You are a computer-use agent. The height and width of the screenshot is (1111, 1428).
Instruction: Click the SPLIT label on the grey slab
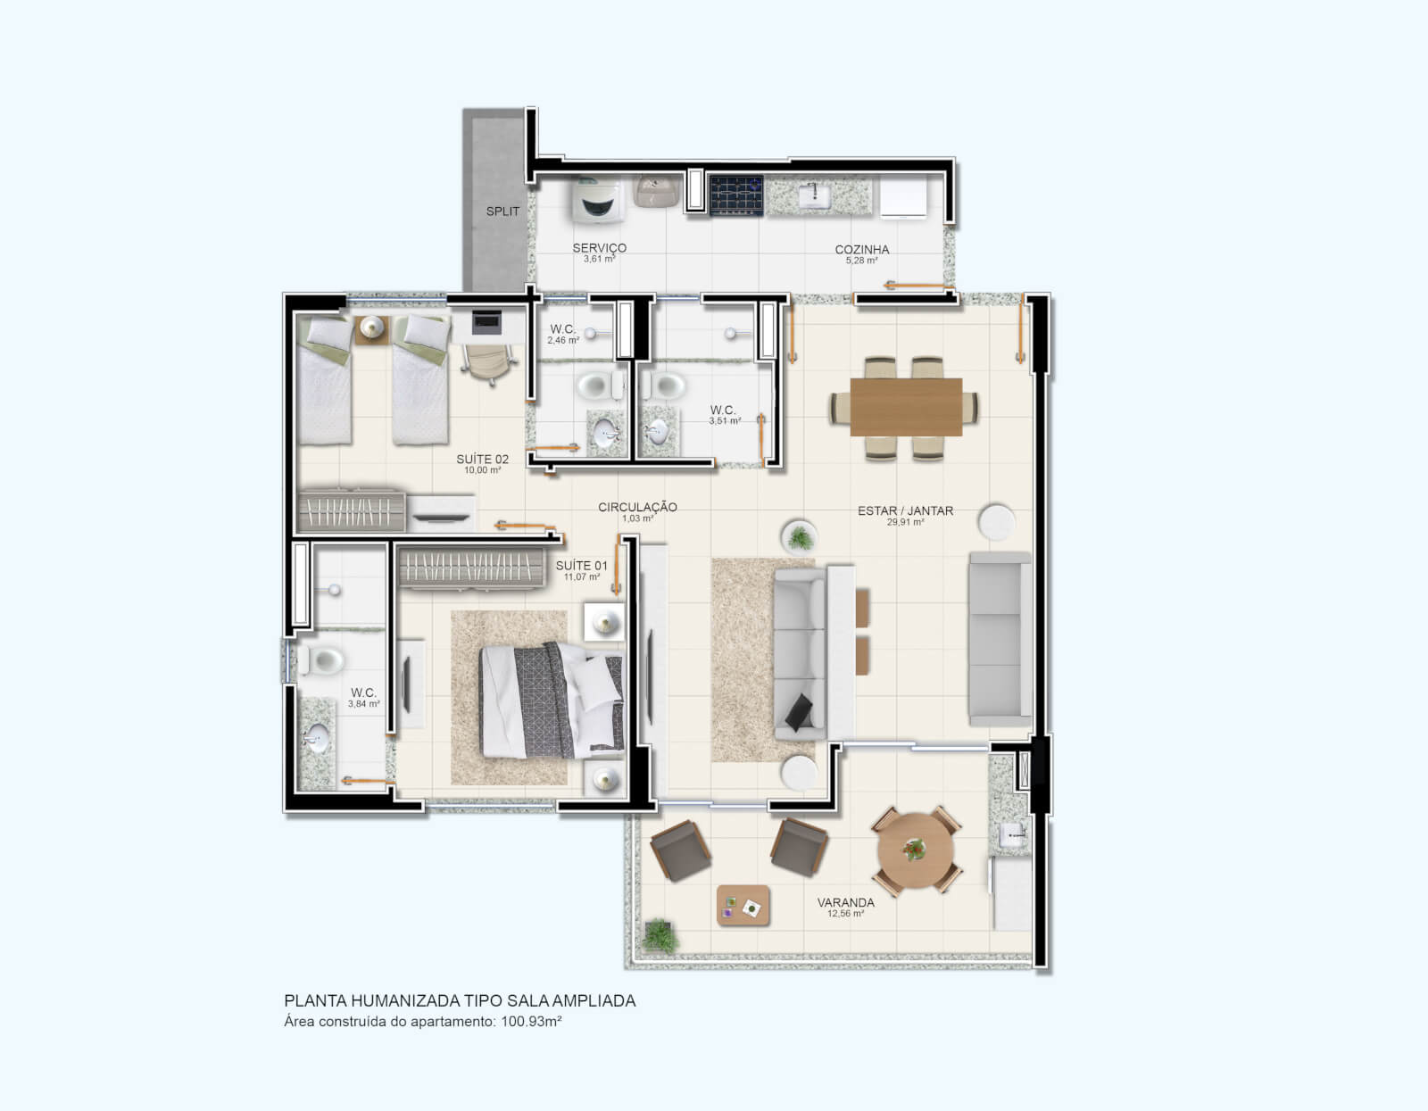tap(502, 211)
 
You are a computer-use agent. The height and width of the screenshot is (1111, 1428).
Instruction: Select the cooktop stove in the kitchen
tap(736, 195)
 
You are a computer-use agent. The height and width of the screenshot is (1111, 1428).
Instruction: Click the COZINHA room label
tap(861, 250)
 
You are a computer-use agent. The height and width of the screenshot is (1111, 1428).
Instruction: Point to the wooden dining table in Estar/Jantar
tap(905, 406)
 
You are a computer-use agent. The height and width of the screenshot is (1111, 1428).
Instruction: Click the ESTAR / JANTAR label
tap(905, 510)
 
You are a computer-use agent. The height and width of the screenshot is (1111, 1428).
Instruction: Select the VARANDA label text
tap(845, 902)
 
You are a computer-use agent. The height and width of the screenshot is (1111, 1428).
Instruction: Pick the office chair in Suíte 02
tap(487, 361)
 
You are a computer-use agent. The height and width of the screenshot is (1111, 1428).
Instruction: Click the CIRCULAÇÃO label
tap(637, 507)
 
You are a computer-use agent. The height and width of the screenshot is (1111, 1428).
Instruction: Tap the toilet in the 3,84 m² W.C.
tap(324, 661)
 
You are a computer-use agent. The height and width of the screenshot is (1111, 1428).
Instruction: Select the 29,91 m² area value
tap(905, 523)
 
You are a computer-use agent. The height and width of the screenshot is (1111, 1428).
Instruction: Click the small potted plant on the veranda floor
tap(660, 934)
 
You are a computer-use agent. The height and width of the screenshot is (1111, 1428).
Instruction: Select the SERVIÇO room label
tap(599, 248)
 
